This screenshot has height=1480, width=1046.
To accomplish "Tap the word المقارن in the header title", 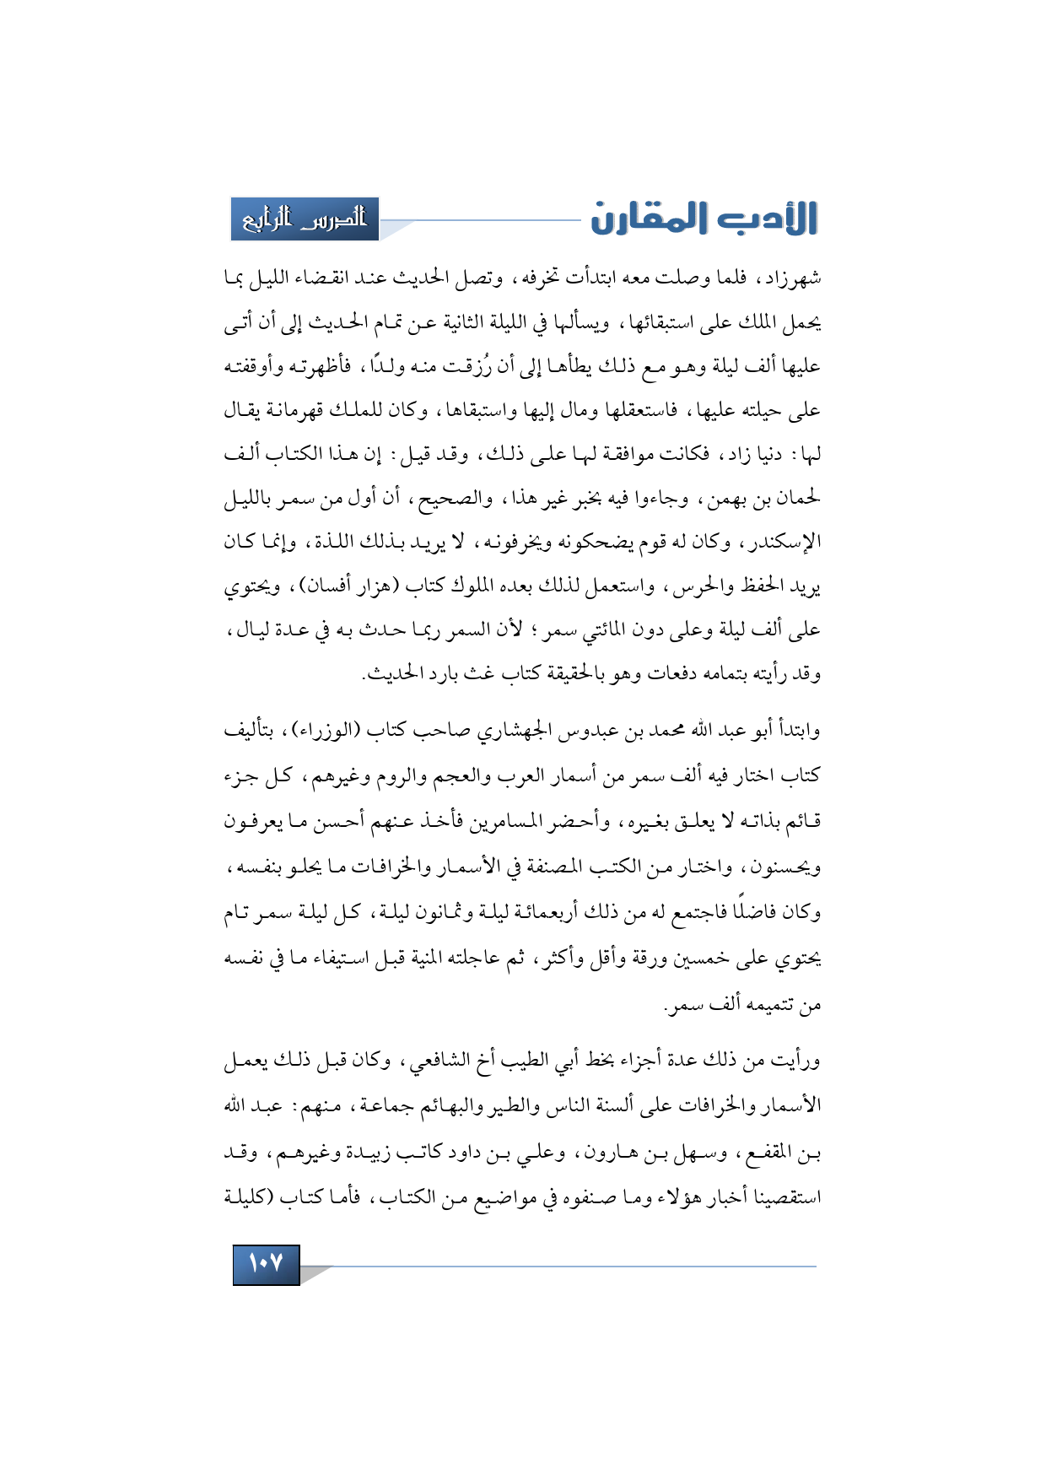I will coord(656,219).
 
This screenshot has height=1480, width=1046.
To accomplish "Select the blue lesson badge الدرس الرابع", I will coord(305,219).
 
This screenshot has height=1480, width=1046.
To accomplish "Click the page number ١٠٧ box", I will coord(266,1264).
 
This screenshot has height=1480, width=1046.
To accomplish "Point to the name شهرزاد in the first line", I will coord(790,278).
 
